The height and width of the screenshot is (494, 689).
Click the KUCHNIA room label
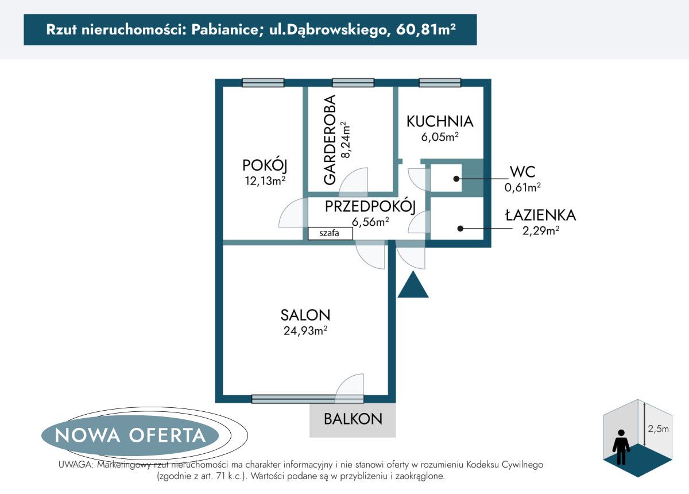(x=440, y=122)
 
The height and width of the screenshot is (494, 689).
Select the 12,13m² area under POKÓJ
(x=264, y=181)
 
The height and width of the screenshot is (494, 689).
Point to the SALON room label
(x=305, y=315)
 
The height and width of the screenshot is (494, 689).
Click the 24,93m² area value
(x=305, y=330)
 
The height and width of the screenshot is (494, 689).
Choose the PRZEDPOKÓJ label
(x=370, y=207)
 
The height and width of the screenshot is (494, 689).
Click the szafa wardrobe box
(x=330, y=233)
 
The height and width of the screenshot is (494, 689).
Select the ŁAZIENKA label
(x=540, y=215)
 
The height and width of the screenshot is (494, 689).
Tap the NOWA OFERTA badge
(x=130, y=435)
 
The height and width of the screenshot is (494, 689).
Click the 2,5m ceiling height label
(x=657, y=429)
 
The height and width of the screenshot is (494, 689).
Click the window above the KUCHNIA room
(x=440, y=83)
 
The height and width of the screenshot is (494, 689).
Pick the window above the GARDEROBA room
(x=353, y=83)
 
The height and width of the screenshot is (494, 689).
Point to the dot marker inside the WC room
(x=456, y=179)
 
